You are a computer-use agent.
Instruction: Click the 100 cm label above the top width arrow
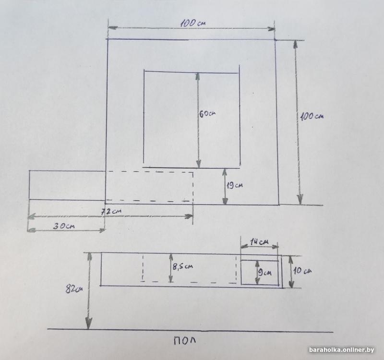click(x=193, y=23)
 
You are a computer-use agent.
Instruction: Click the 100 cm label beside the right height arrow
click(x=312, y=116)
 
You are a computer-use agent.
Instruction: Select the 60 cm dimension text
click(x=207, y=114)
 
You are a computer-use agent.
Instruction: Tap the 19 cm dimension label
click(x=235, y=185)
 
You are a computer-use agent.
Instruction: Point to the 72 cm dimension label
click(x=111, y=211)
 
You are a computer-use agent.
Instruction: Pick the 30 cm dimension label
click(x=64, y=226)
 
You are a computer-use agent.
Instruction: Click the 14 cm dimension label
click(x=259, y=242)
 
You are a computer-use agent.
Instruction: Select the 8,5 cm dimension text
click(x=183, y=266)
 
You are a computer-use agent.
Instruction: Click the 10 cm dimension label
click(x=302, y=271)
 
